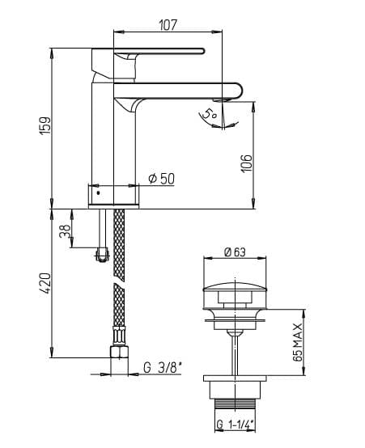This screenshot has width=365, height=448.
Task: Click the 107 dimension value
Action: tap(168, 24)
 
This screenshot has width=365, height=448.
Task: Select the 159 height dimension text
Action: tap(45, 125)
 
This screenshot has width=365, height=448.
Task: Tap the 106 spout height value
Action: tap(247, 163)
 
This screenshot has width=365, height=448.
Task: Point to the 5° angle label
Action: tap(210, 114)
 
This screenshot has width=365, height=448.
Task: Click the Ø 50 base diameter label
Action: tap(161, 179)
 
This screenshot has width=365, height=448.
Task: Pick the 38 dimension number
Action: tap(65, 230)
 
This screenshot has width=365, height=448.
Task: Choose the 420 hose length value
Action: tap(45, 283)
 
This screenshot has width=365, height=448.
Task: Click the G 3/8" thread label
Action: tap(163, 368)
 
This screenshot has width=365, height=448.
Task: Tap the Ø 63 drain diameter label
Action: tap(235, 251)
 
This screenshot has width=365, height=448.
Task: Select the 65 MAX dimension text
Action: tap(298, 342)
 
